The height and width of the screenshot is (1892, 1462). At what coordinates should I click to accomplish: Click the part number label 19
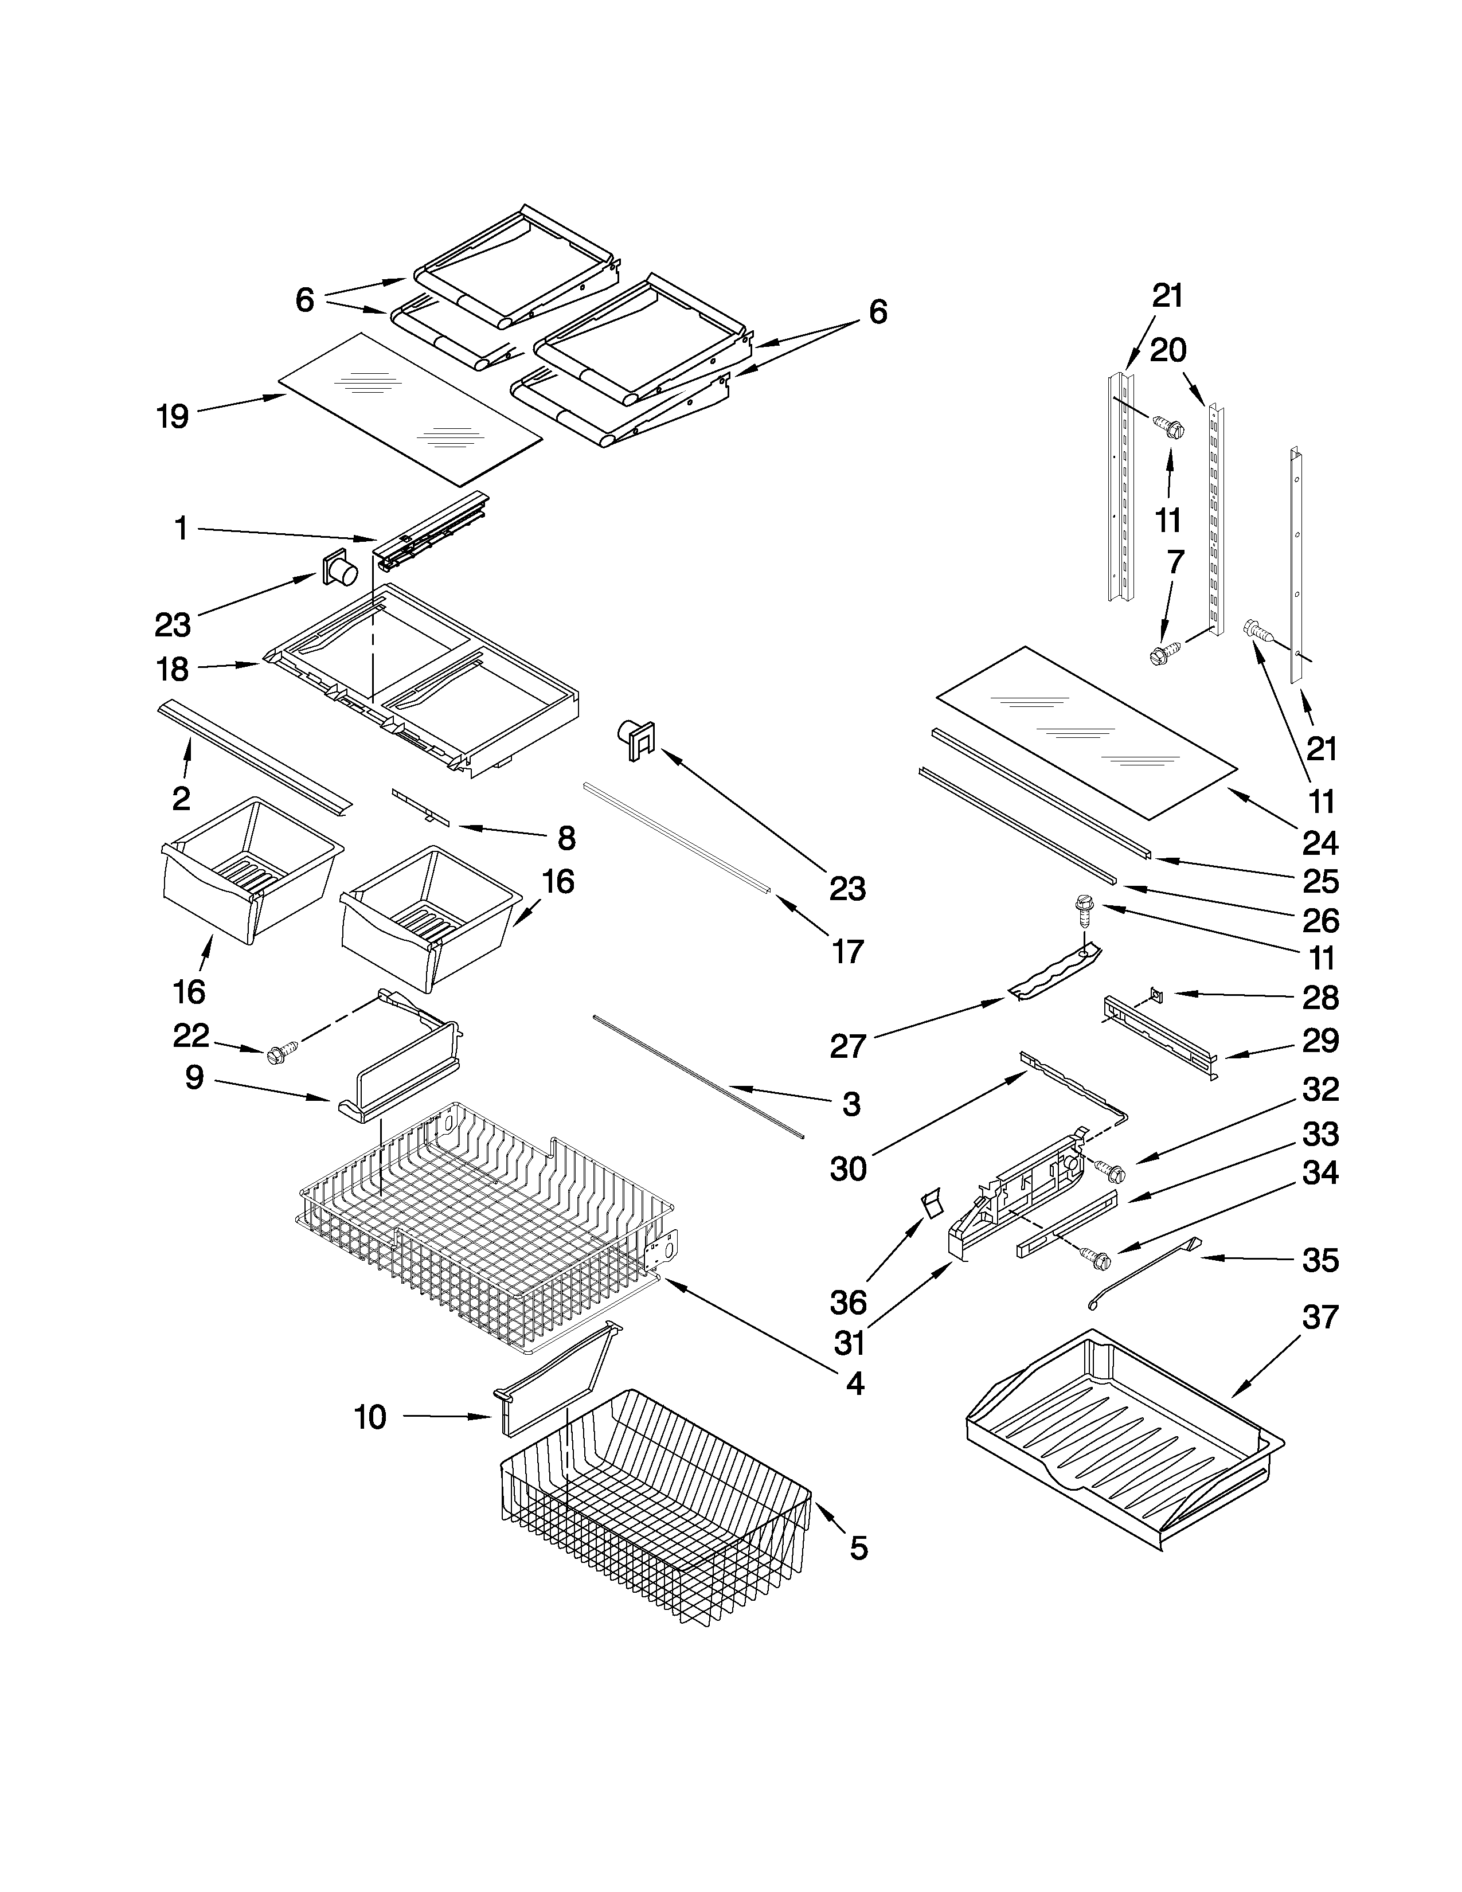(173, 417)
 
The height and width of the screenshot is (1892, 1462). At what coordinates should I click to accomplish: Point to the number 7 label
(1174, 562)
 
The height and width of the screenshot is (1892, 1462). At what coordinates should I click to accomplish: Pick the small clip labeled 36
(931, 1204)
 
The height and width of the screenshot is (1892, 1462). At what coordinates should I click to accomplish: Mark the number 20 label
(1167, 351)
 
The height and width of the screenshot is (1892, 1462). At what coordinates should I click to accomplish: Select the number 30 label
(849, 1170)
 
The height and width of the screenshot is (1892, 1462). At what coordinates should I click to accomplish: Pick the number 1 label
(181, 529)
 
